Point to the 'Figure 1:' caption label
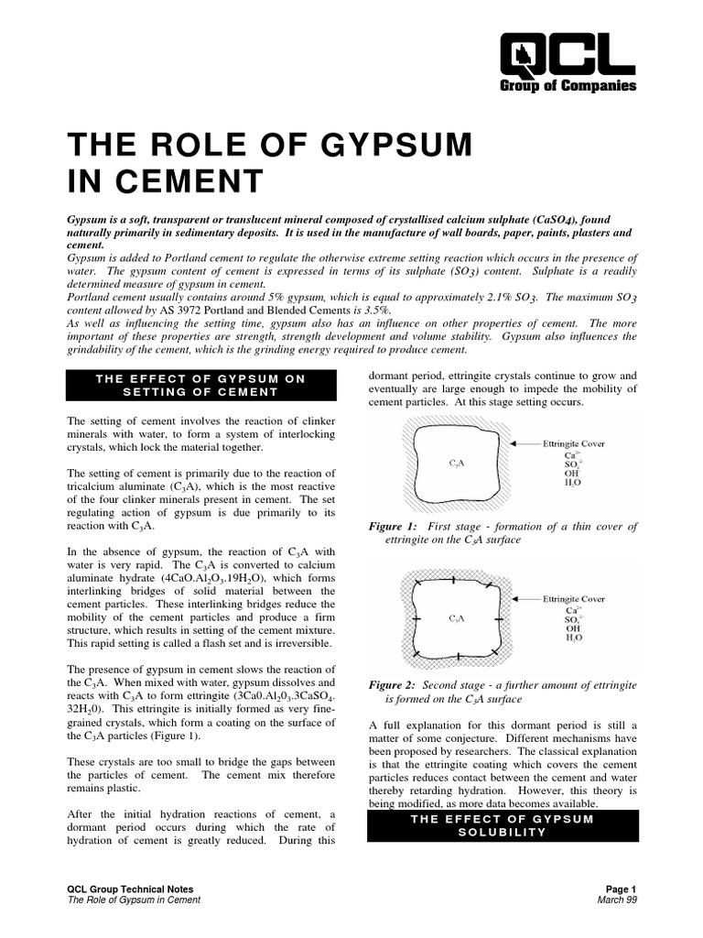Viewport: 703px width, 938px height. pos(393,527)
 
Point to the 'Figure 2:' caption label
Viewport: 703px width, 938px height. pos(393,685)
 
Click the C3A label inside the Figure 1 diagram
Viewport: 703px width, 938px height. pos(458,464)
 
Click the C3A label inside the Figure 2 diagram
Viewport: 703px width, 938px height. pos(458,618)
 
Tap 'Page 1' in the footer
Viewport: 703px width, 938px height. pos(620,889)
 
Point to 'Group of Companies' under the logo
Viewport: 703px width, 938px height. pos(568,86)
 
